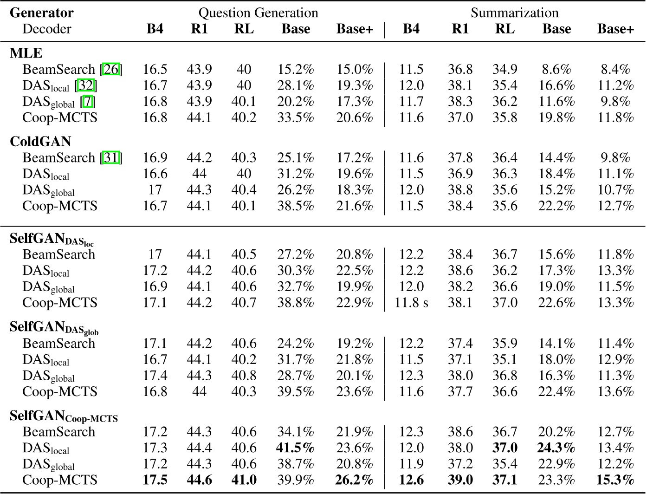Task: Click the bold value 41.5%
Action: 296,448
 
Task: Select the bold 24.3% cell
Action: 556,448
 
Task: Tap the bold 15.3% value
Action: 615,480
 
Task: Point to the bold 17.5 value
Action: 155,480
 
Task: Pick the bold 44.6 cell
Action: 199,480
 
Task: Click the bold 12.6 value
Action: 411,480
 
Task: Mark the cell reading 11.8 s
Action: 411,303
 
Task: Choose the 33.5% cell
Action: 296,117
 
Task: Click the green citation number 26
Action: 111,70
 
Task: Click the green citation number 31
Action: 111,158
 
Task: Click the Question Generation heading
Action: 258,13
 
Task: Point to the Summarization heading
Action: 514,13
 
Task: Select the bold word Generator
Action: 41,13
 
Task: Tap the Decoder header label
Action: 46,29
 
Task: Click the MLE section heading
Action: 26,53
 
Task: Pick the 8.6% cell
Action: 556,70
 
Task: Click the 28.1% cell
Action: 296,86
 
